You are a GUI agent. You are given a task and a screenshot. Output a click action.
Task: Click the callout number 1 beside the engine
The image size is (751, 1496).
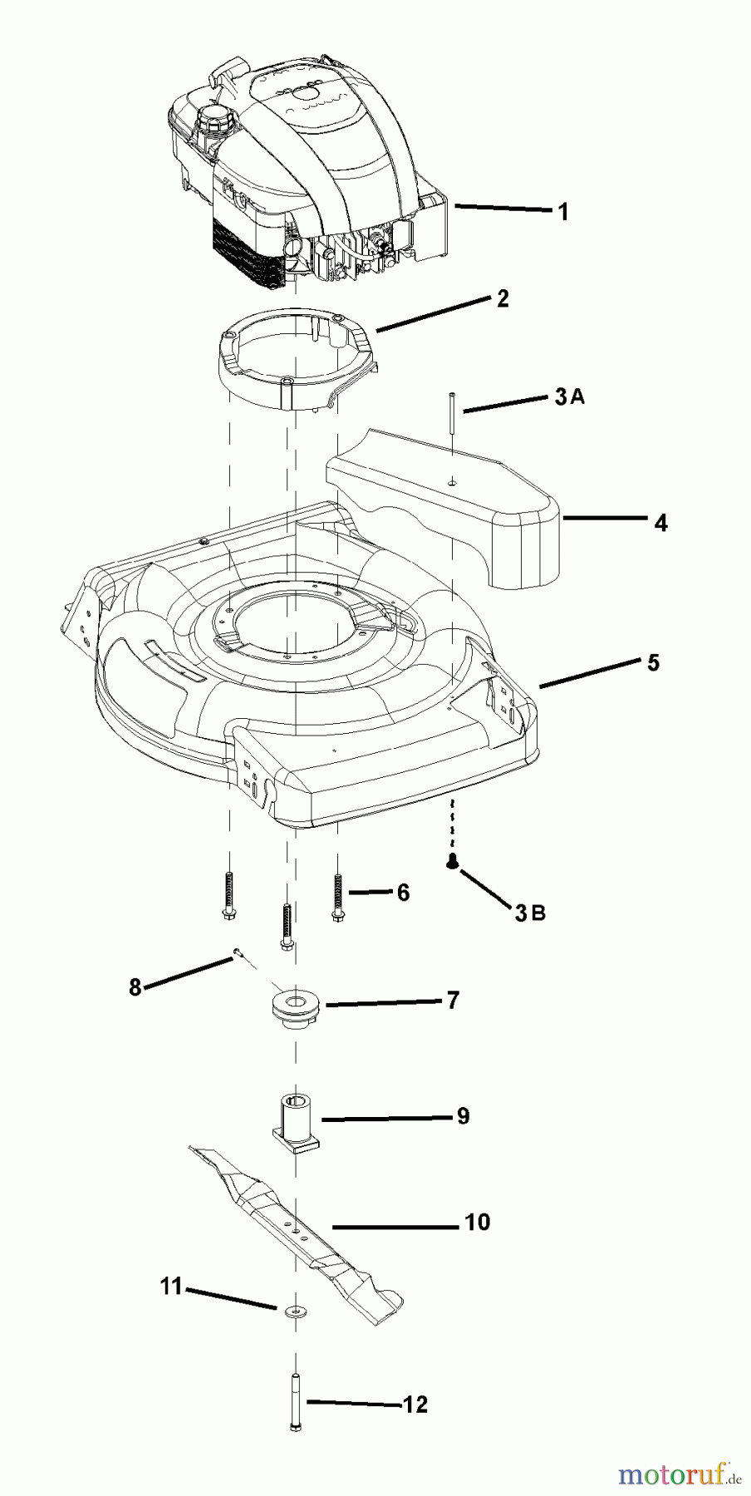[x=563, y=212]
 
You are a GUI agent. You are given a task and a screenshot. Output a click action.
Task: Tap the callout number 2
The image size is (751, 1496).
[x=503, y=298]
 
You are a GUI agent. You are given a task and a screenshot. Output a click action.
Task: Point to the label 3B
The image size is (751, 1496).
[x=529, y=913]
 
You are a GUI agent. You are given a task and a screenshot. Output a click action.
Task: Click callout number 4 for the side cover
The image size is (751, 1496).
[x=660, y=523]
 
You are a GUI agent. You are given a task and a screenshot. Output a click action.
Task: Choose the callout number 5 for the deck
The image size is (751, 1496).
[x=653, y=663]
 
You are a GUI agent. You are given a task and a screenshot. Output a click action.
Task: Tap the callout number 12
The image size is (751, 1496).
[x=415, y=1405]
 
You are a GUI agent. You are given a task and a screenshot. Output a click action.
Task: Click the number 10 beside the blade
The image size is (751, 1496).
[x=478, y=1223]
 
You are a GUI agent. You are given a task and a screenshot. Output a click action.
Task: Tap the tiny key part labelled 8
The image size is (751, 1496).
[x=237, y=952]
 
